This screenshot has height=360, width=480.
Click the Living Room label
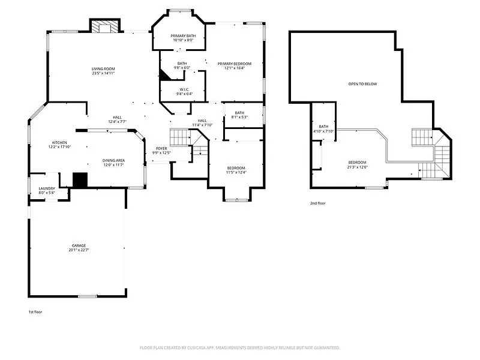pos(103,69)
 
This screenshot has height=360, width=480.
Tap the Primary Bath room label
pos(183,36)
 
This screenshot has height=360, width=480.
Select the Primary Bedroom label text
pos(234,64)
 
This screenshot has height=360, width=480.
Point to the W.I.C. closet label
pos(184,89)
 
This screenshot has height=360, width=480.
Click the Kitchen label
pos(58,142)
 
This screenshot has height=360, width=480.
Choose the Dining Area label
pos(113,160)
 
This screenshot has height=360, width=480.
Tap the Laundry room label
pos(47,188)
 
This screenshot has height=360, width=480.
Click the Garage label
pos(79,245)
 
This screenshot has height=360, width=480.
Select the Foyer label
pos(162,148)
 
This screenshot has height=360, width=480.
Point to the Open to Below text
pos(363,84)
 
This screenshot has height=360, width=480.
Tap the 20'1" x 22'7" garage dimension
pos(79,250)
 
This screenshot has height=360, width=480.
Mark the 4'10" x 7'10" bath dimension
pos(323,131)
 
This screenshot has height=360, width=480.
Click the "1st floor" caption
pos(35,312)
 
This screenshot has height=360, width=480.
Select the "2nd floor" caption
pos(317,203)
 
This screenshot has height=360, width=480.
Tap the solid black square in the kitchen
pos(80,180)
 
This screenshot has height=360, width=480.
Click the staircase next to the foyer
pos(181,138)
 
